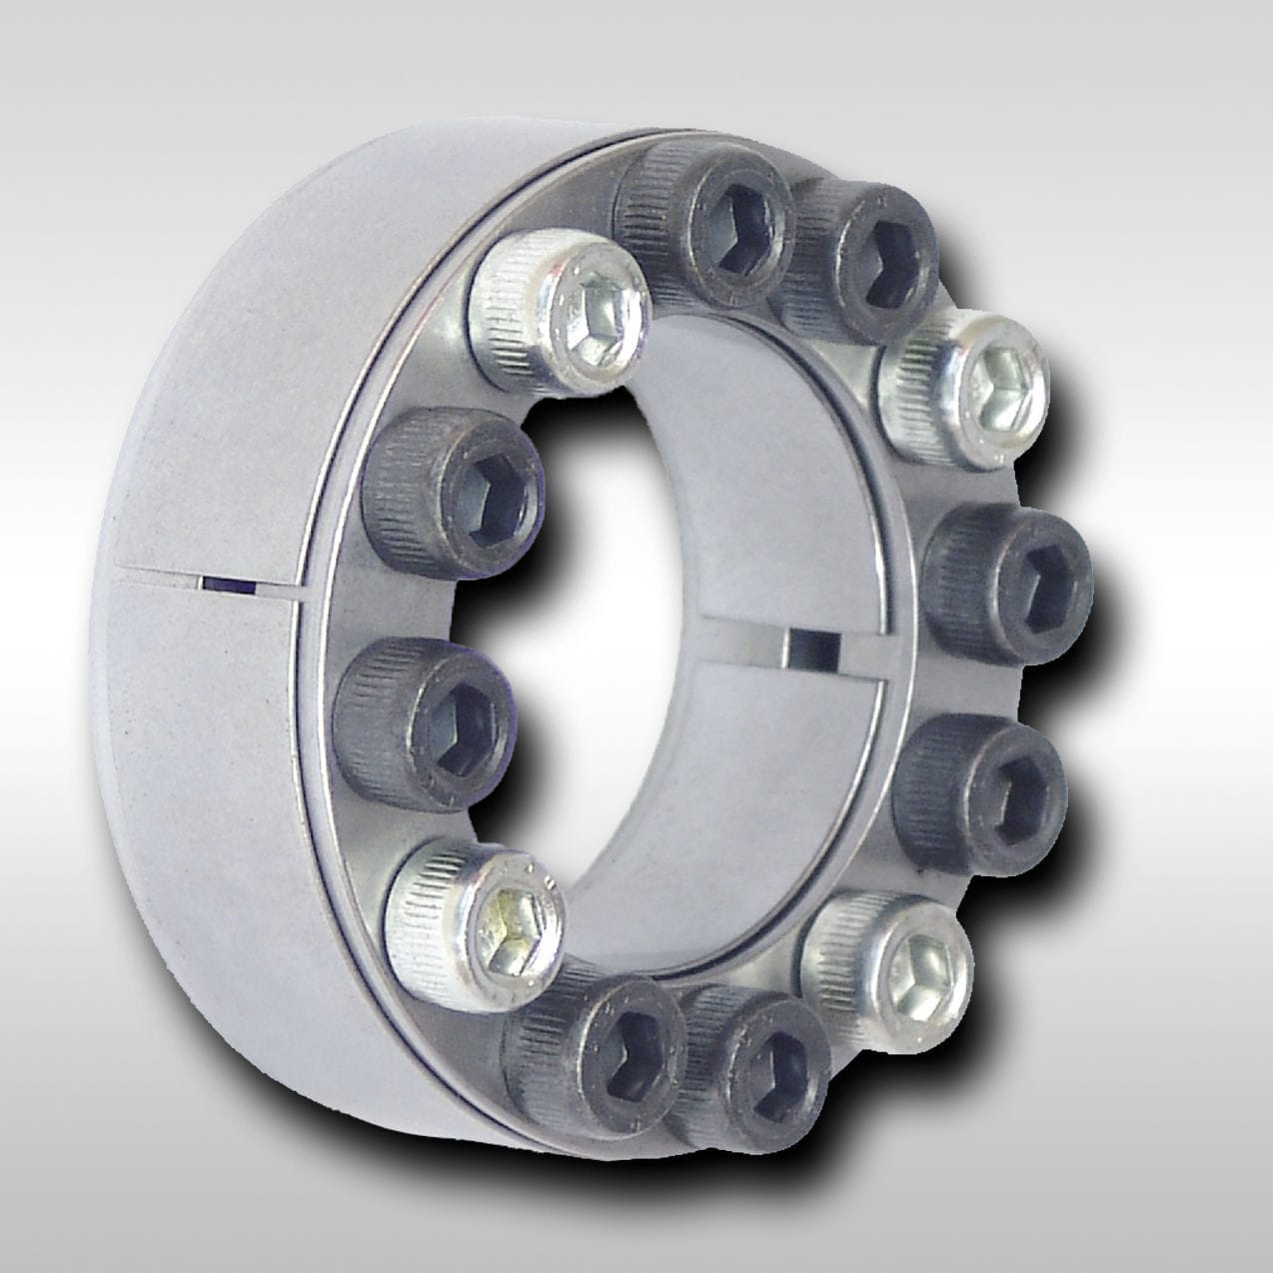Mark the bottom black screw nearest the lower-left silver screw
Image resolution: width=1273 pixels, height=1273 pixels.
600,1044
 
